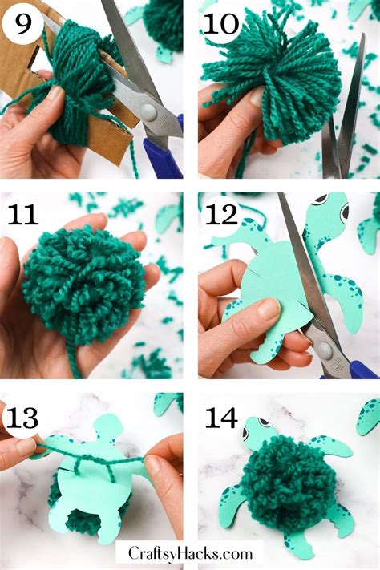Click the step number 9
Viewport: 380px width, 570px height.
[x=22, y=23]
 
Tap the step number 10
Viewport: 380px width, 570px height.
[x=220, y=24]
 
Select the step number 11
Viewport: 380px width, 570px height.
[x=23, y=214]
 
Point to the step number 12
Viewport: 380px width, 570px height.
[x=221, y=214]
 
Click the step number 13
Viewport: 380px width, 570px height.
[x=22, y=418]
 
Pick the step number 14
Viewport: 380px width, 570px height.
[x=221, y=418]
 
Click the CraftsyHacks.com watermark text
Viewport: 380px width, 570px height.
[x=190, y=554]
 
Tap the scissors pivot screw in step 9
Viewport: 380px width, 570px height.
[x=149, y=111]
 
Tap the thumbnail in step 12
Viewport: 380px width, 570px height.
[x=269, y=309]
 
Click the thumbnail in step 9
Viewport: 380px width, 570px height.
[x=55, y=92]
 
